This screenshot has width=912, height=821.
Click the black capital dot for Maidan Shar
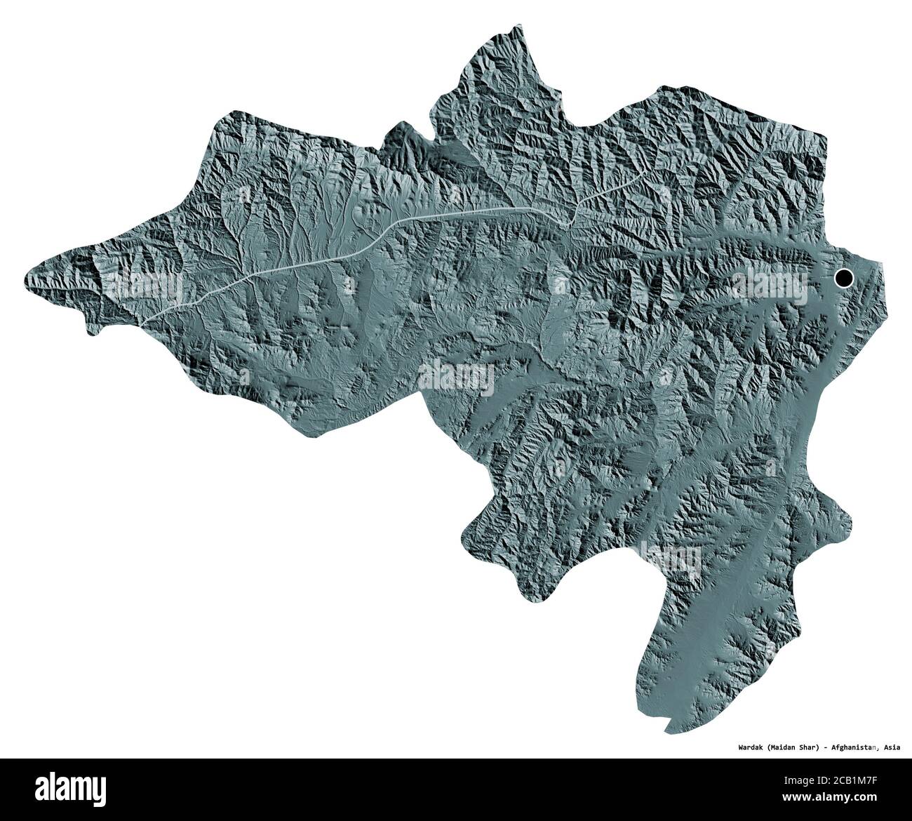[843, 279]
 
